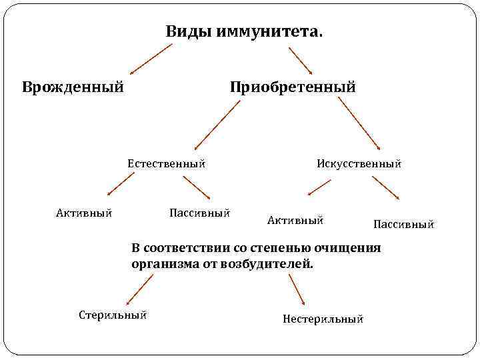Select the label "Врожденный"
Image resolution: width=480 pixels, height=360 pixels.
coord(73,87)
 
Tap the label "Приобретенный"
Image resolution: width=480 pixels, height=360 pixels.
coord(293,87)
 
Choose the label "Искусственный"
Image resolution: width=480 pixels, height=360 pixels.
coord(359,163)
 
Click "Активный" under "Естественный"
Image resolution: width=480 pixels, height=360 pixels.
coord(83,213)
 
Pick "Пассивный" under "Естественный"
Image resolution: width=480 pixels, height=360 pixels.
coord(200,213)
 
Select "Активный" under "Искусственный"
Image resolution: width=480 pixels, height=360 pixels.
coord(295,219)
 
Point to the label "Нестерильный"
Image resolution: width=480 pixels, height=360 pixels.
coord(323,319)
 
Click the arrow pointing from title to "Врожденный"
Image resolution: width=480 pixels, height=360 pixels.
coord(151,59)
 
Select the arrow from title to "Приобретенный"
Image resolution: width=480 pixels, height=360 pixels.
coord(301,59)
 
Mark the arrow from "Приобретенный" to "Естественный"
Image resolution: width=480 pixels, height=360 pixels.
coord(216,125)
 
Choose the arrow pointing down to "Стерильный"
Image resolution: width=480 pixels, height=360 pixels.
coord(139,291)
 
